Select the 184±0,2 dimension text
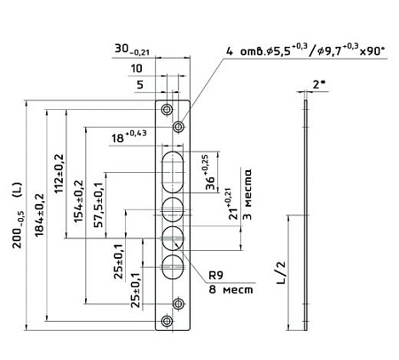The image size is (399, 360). (x=39, y=215)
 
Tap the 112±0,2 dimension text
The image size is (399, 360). (x=59, y=174)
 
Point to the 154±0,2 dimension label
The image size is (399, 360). (x=79, y=201)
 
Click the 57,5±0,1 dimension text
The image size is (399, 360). (x=98, y=205)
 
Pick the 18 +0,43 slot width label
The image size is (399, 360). (x=129, y=136)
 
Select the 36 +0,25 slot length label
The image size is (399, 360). (x=211, y=172)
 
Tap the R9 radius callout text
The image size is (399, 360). (x=215, y=276)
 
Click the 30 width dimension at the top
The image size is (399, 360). (x=132, y=50)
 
